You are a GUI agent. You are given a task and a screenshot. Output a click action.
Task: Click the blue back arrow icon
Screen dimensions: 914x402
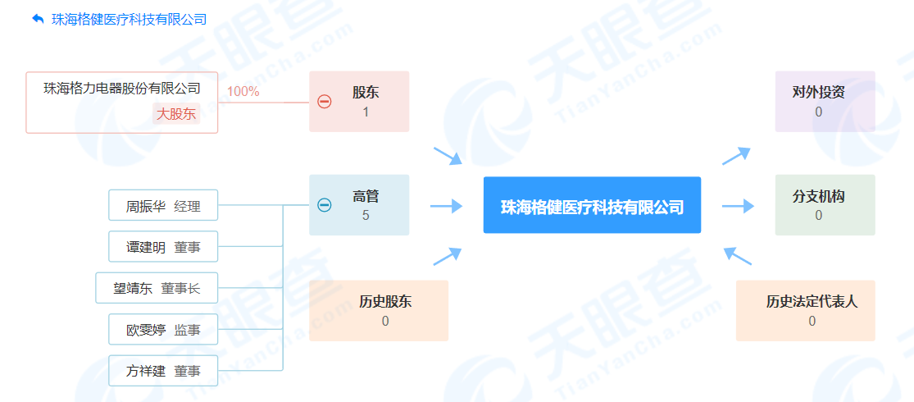[38, 19]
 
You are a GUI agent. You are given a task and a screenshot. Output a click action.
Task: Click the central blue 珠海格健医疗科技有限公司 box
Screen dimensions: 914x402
[592, 205]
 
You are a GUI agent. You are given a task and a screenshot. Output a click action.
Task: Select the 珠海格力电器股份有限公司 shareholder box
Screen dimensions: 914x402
[122, 103]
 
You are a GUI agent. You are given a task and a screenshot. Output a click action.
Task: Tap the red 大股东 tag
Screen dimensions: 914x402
[176, 113]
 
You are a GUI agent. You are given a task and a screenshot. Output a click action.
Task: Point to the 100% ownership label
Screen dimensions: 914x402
[243, 92]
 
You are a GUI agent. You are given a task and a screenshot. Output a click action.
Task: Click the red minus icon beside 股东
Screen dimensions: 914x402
[324, 102]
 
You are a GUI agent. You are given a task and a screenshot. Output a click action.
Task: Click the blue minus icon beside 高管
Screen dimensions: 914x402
[324, 205]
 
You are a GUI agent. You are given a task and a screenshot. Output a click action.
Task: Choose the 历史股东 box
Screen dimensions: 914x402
[379, 310]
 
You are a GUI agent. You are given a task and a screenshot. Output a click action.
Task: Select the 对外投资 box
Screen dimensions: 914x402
[825, 102]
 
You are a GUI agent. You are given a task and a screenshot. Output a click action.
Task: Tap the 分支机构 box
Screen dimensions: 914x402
[825, 205]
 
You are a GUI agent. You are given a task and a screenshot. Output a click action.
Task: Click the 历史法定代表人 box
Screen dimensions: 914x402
[806, 310]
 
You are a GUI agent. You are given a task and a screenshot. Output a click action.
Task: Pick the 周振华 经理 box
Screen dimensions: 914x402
[163, 205]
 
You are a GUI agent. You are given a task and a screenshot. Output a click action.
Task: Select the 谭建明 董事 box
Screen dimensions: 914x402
[163, 246]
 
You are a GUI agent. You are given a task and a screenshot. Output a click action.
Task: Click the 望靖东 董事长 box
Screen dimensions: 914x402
[157, 288]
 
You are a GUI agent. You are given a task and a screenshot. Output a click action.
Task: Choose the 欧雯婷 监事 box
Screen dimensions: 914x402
[163, 329]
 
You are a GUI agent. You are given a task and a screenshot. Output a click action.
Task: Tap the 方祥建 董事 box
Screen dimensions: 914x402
[163, 371]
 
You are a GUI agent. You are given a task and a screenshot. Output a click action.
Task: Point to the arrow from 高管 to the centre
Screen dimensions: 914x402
[447, 205]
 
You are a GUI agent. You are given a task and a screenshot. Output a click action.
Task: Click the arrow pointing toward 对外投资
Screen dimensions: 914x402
[736, 156]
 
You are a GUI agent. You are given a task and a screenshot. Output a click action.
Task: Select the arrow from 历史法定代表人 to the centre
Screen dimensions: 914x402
[738, 255]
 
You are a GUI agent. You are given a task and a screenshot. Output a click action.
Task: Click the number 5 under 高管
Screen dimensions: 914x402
[366, 215]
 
